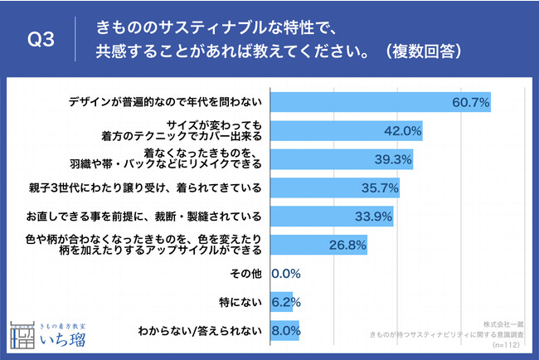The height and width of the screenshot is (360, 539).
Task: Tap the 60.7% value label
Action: click(x=470, y=102)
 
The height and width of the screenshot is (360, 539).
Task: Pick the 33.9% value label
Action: click(x=373, y=216)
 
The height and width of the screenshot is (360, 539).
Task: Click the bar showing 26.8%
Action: click(x=319, y=246)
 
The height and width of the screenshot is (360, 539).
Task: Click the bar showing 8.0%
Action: click(x=284, y=331)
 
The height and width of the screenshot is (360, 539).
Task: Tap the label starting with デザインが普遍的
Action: click(x=165, y=102)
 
